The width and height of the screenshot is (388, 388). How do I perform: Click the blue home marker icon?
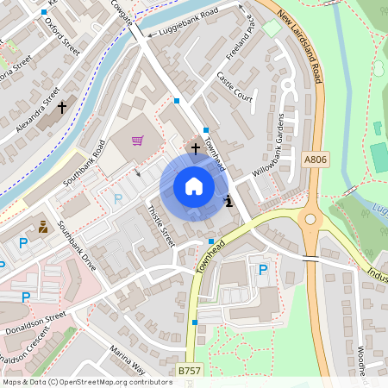point(194,186)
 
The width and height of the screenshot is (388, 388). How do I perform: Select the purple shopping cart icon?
point(137,141)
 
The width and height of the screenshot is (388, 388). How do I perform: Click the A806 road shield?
point(316,160)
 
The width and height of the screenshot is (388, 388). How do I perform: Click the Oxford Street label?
point(62,36)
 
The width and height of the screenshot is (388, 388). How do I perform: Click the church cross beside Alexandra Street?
point(62,108)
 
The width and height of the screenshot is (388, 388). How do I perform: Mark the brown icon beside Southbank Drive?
point(43,228)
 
